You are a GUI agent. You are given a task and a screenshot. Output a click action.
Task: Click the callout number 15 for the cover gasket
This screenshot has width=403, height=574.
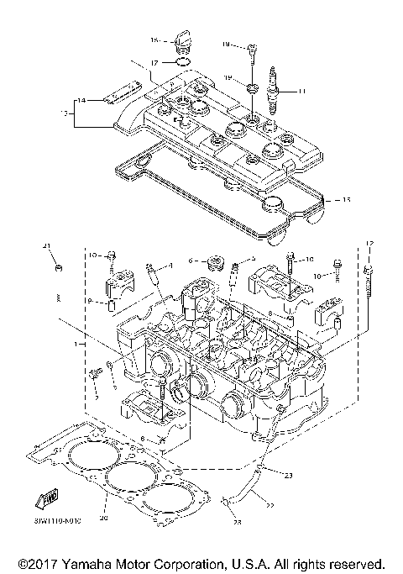tap(338, 200)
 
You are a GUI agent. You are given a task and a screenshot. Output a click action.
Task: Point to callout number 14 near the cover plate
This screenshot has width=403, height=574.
tap(82, 101)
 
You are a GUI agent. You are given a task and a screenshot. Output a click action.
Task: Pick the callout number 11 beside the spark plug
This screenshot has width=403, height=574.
tap(303, 91)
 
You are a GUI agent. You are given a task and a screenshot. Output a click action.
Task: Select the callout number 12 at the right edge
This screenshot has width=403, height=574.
tap(368, 244)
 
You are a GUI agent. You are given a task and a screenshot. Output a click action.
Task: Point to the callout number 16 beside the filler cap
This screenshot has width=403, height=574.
tap(154, 39)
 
